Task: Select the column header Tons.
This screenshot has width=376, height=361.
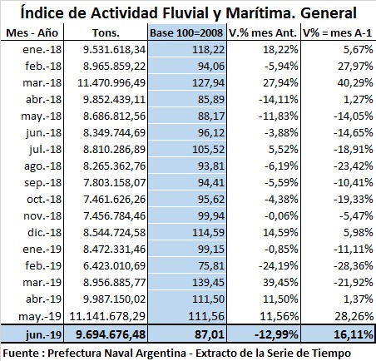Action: pos(106,33)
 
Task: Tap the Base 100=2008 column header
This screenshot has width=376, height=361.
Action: pos(186,33)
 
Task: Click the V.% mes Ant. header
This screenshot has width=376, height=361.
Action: pos(263,33)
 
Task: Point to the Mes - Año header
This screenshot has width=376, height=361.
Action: pos(32,33)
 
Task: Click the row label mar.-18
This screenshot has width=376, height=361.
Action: pos(42,83)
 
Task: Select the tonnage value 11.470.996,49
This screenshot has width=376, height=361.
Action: pos(111,83)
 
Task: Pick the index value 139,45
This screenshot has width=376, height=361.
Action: pos(207,283)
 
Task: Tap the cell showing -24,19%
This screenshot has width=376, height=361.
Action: pos(279,266)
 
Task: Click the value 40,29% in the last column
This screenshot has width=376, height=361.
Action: pos(355,83)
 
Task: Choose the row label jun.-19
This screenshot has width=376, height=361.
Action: pos(43,334)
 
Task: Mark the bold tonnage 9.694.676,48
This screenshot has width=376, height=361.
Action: pos(111,334)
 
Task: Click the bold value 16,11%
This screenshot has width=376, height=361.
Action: pos(354,334)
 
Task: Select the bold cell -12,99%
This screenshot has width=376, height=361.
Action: pos(276,334)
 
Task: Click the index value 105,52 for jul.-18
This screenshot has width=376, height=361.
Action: pos(209,150)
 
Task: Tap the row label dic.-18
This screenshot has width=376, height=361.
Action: pos(44,233)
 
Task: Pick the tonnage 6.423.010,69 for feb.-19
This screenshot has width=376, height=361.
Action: pos(115,266)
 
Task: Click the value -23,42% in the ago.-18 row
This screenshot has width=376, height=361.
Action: pos(354,166)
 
